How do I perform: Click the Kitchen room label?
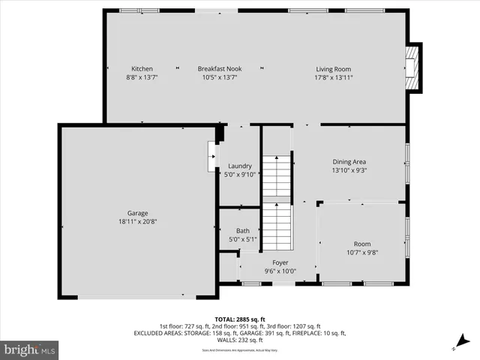point(142,69)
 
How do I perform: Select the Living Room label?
point(333,69)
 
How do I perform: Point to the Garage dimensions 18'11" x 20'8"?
point(137,221)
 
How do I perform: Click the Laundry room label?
point(240,166)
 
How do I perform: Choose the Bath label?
point(243,231)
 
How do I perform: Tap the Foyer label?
point(280,262)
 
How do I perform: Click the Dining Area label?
point(349,161)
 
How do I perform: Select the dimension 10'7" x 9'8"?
point(362,253)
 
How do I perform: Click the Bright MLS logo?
point(30,349)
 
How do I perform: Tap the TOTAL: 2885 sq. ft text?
point(239,319)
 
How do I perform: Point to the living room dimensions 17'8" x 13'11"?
point(333,77)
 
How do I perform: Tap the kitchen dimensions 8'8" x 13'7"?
point(142,77)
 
